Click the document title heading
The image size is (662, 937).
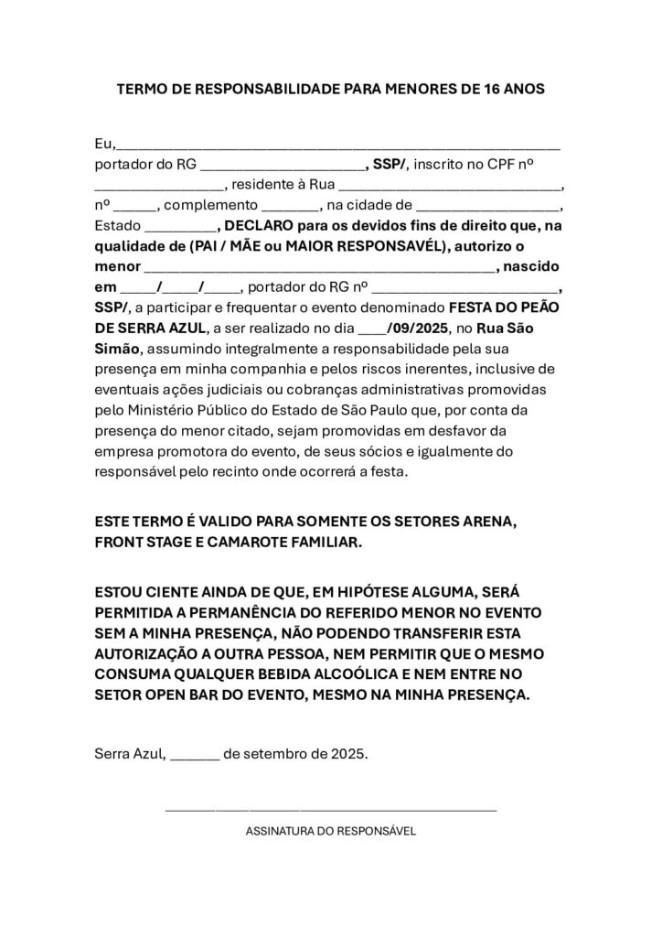coord(331,90)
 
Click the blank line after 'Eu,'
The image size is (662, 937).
coord(338,145)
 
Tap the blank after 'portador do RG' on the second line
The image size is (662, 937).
coord(281,168)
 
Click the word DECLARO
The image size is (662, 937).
coord(260,225)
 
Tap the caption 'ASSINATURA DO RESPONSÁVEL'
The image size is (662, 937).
coord(331,832)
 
